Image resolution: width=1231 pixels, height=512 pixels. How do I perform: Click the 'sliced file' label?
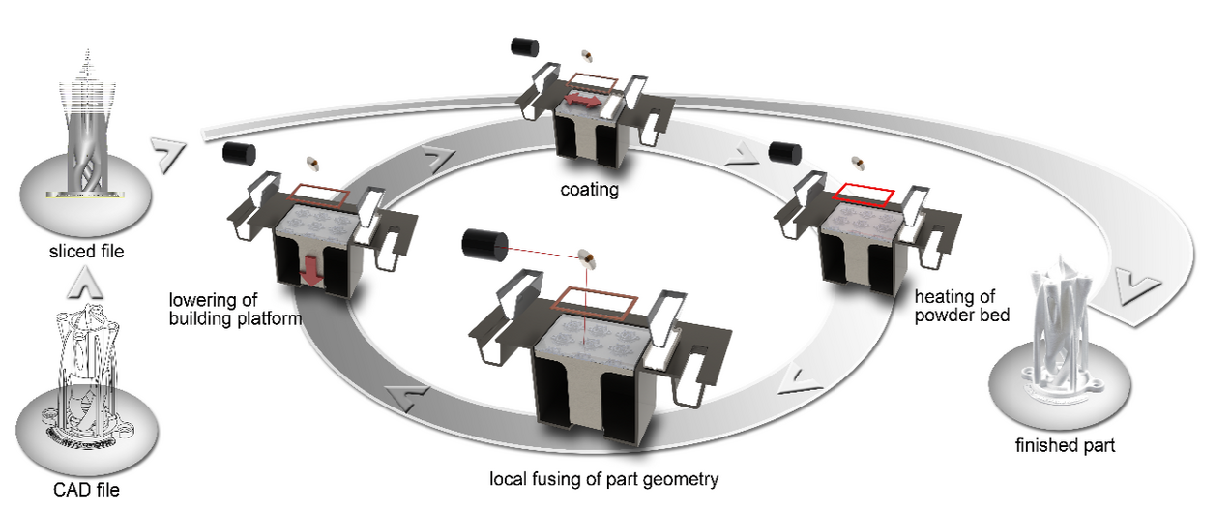point(86,252)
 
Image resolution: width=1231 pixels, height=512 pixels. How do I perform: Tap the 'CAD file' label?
point(86,490)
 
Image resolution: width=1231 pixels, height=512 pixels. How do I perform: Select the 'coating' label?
point(590,190)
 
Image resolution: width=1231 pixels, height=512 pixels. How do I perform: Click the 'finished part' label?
point(1065,445)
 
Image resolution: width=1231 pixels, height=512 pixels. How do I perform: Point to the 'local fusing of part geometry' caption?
point(604,479)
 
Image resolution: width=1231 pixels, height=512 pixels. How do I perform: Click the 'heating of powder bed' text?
point(962,306)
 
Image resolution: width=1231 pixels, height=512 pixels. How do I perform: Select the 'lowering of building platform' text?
point(235,309)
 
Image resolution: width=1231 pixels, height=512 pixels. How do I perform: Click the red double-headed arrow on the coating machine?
point(584,100)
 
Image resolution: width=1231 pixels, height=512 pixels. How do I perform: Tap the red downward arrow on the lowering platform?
point(312,271)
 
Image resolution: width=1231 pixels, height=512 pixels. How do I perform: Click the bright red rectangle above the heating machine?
point(864,195)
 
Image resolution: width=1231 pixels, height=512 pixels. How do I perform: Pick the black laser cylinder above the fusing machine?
point(484,244)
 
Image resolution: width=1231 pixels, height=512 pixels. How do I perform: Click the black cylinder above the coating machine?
point(525,46)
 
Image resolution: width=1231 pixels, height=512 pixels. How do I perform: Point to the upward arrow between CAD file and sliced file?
point(85,284)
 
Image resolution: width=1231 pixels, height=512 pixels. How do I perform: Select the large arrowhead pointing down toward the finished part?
point(1137,287)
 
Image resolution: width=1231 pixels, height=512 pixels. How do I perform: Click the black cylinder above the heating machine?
point(785,152)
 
